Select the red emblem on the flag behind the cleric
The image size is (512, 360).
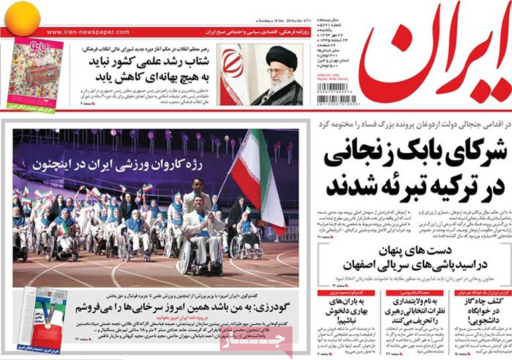point(233,68)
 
